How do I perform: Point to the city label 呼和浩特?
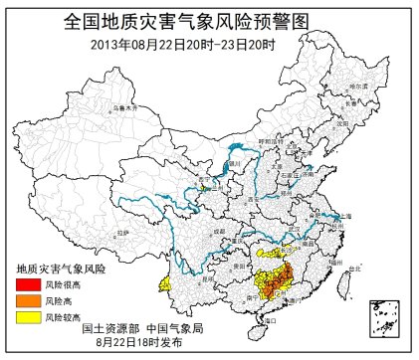270,142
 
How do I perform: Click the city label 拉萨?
123,232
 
